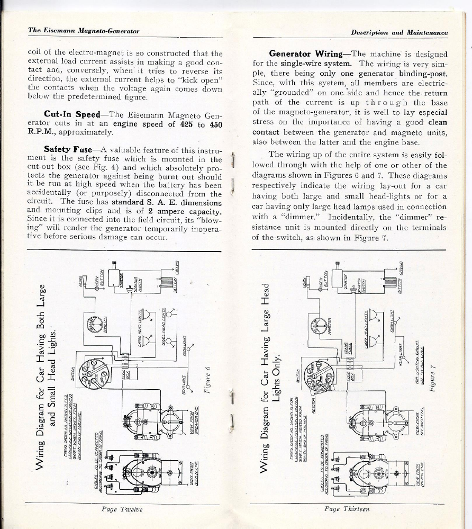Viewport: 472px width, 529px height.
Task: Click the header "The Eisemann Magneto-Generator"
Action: pos(84,31)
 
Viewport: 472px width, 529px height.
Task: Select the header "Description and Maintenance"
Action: pos(400,32)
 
